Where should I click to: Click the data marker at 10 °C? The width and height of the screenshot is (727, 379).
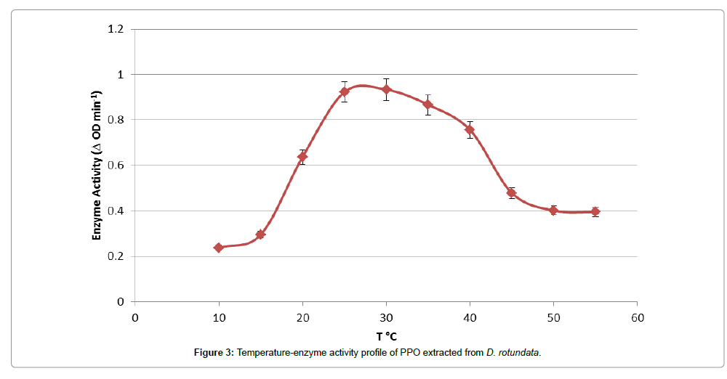(x=218, y=248)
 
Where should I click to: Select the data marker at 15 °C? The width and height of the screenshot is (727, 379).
(x=260, y=235)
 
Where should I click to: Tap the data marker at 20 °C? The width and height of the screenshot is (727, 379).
(x=302, y=157)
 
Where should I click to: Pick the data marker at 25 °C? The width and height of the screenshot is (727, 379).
(x=345, y=91)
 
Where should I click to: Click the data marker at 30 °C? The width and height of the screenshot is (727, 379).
(x=386, y=89)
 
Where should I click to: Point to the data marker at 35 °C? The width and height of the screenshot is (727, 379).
(x=428, y=105)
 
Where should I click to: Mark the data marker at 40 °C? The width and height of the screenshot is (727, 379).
(x=470, y=130)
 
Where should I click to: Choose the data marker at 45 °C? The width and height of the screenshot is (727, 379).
(x=512, y=193)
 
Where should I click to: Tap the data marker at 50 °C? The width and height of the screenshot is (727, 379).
(x=554, y=211)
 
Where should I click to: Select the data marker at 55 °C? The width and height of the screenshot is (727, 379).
(x=595, y=212)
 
